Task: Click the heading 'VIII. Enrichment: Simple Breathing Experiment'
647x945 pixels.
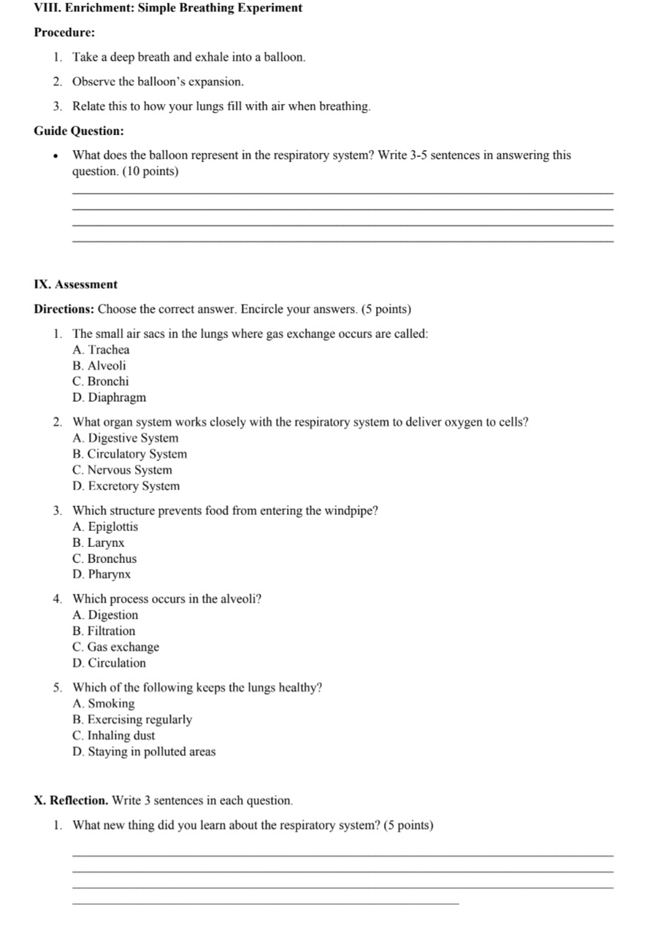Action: pos(168,8)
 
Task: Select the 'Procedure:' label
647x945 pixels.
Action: pos(64,33)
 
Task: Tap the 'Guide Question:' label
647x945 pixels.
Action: pos(79,131)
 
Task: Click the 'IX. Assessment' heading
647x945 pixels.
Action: pos(76,284)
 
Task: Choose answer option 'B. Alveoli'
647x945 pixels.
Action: pos(99,365)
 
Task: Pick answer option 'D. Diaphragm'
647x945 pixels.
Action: pos(110,397)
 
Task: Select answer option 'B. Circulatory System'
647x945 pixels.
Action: pos(130,454)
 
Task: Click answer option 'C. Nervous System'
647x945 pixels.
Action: pos(123,470)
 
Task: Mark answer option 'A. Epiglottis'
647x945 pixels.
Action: pos(105,527)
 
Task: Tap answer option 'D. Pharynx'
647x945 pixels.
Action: pos(102,575)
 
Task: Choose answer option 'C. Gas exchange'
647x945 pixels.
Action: pos(116,647)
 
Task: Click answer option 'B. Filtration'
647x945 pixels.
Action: pos(104,631)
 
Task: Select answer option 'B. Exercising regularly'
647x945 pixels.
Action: pos(132,719)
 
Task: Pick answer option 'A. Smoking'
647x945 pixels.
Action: pos(104,703)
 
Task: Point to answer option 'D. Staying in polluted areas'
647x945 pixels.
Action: pos(144,751)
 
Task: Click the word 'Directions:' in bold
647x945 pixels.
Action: pos(64,309)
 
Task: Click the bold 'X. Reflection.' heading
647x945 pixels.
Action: pos(72,800)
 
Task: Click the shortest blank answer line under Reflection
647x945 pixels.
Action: pos(266,904)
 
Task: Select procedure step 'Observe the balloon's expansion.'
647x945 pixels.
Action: pos(158,82)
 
